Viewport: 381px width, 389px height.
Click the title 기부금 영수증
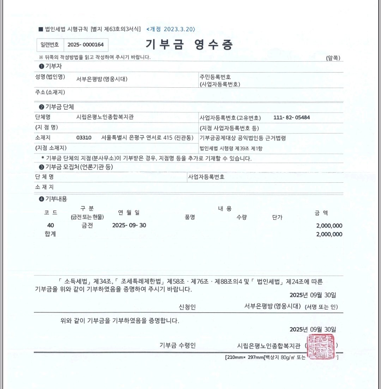click(x=189, y=45)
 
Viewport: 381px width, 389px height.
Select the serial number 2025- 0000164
click(x=86, y=45)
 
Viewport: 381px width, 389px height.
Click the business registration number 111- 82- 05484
click(x=291, y=117)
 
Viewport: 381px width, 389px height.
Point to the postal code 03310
click(x=84, y=138)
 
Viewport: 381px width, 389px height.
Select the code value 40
click(x=50, y=225)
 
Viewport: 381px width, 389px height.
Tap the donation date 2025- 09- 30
click(x=129, y=225)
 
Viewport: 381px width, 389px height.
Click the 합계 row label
click(x=50, y=234)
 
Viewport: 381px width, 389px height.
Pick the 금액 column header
click(x=321, y=213)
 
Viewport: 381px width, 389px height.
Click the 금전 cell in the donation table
click(x=85, y=225)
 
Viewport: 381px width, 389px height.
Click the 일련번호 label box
click(x=50, y=45)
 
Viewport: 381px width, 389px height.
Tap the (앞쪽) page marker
click(x=333, y=58)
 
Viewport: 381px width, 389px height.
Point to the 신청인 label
click(x=187, y=307)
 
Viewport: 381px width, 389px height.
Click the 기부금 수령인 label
click(x=177, y=345)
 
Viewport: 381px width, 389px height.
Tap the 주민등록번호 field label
click(x=215, y=77)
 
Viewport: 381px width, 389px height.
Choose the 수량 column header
click(x=242, y=217)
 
